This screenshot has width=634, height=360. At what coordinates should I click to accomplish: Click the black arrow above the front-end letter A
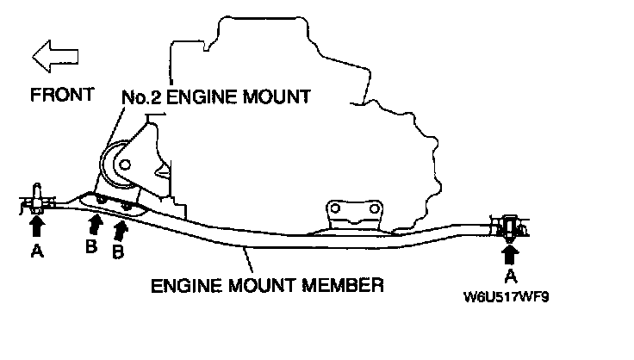(x=37, y=226)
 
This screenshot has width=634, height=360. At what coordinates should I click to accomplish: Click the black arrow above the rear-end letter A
(x=509, y=252)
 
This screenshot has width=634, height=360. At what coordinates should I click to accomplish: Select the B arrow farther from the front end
(x=121, y=229)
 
